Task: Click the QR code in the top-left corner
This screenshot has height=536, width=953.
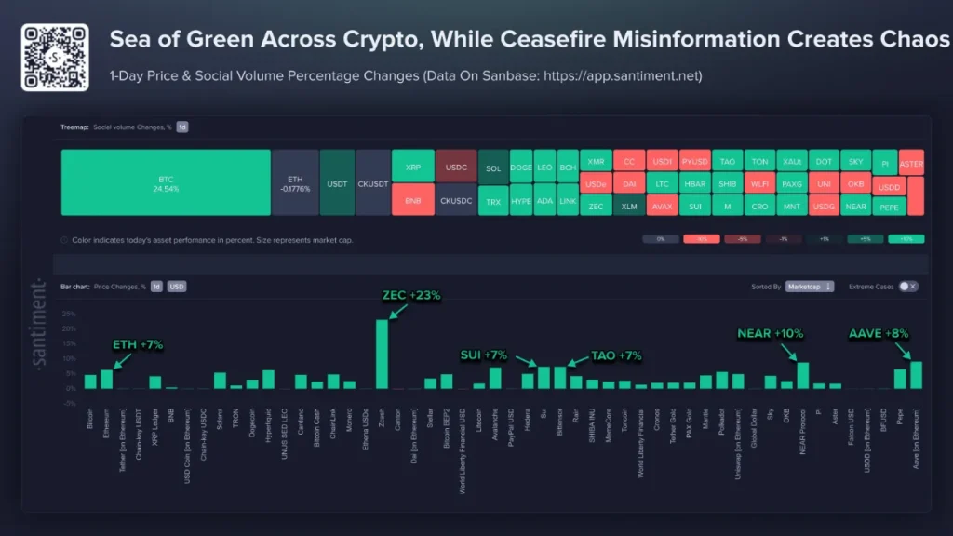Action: click(55, 57)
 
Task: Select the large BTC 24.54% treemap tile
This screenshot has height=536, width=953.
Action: click(166, 182)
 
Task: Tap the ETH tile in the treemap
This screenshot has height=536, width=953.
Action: click(295, 182)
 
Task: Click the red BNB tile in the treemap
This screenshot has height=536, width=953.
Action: click(412, 200)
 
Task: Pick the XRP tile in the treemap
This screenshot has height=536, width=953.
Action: click(412, 166)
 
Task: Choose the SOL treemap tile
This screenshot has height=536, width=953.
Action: click(493, 168)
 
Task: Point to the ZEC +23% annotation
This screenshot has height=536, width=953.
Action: click(411, 296)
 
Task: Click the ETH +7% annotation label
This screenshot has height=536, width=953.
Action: click(138, 344)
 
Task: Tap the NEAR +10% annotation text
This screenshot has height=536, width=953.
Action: click(770, 333)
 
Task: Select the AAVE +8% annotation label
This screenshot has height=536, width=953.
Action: click(879, 333)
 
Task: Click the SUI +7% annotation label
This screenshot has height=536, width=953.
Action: click(483, 355)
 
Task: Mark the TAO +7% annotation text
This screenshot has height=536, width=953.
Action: click(616, 355)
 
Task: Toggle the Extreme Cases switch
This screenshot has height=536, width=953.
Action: click(907, 287)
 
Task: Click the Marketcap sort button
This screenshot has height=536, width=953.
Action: click(809, 287)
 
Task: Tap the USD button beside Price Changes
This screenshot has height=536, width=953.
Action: click(177, 287)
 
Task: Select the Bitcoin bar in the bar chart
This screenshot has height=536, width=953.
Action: click(90, 381)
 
